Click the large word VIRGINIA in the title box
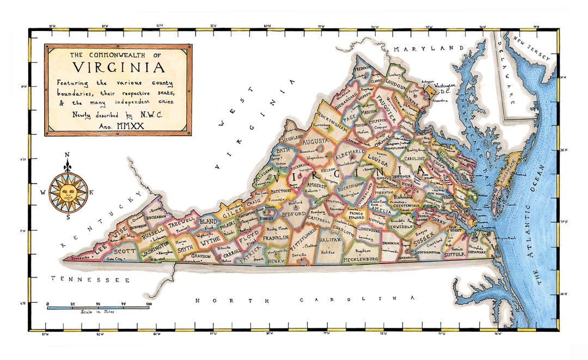(x=118, y=68)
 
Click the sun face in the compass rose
(x=68, y=191)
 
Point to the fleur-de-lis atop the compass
(x=68, y=163)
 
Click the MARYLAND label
(x=428, y=49)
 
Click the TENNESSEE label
(x=90, y=279)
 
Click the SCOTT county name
(x=125, y=251)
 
